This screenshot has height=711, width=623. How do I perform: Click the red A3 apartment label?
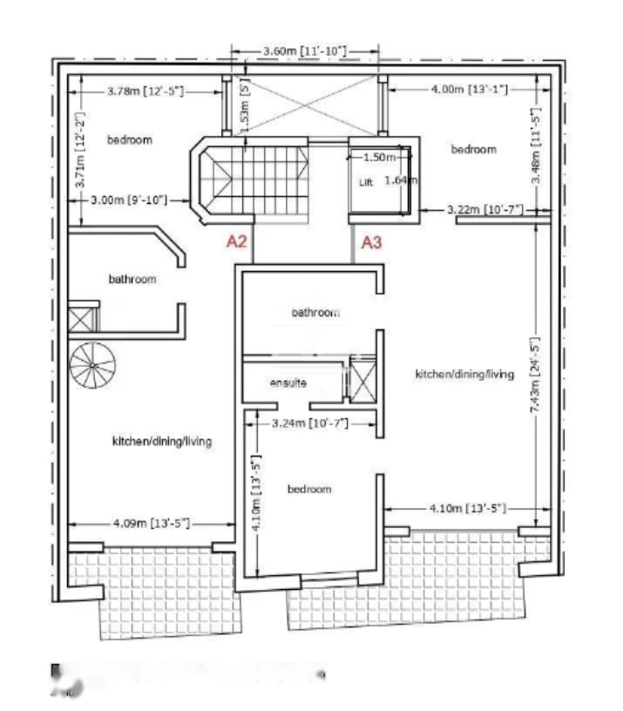[372, 242]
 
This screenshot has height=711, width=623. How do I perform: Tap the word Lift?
[366, 184]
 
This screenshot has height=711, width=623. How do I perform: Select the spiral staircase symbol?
[92, 366]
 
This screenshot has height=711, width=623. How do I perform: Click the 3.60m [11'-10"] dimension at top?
[305, 52]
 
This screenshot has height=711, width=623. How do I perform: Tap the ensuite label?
[288, 383]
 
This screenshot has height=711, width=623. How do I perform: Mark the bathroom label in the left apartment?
[132, 280]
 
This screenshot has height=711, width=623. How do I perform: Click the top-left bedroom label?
[130, 140]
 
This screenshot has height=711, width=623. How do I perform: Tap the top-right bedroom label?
[473, 149]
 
